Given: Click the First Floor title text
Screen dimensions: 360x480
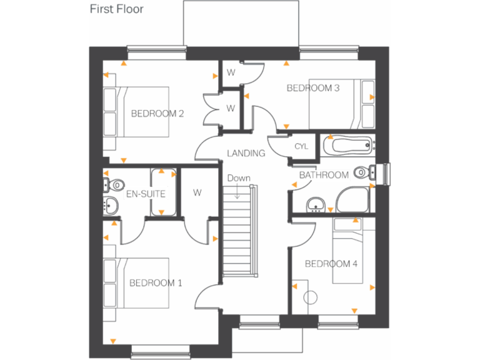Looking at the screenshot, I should point(116,9).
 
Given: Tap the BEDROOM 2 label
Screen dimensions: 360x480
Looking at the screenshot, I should point(157,113).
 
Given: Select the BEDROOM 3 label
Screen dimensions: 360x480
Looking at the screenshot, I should point(312,88).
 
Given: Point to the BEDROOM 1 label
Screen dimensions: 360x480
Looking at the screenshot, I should point(156,283).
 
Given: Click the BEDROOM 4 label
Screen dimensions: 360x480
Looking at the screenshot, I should point(331,264).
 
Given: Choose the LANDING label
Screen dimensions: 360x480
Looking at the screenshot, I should point(246,153).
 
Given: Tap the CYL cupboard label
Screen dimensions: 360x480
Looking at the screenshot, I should point(301,146).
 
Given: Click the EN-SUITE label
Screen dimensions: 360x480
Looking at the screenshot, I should point(146,194).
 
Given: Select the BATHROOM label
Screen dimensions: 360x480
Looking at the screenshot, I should point(324,175).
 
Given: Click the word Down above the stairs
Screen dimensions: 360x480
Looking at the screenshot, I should point(238,178).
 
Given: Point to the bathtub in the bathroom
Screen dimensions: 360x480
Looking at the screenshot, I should point(348,146).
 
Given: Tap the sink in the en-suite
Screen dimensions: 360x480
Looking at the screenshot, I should point(111,205).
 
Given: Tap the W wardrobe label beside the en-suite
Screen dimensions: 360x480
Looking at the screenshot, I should point(197,192).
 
